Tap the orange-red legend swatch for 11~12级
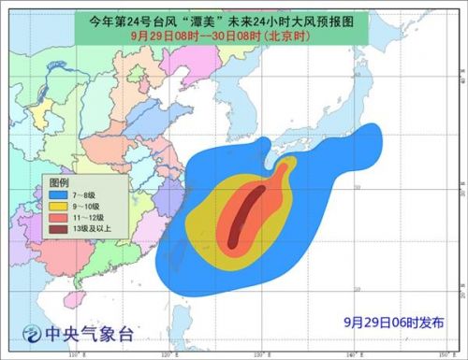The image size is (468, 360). tap(60, 216)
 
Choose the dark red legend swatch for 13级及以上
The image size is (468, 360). tap(60, 228)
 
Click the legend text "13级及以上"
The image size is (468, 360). tap(95, 228)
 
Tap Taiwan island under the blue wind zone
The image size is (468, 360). tap(177, 271)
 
